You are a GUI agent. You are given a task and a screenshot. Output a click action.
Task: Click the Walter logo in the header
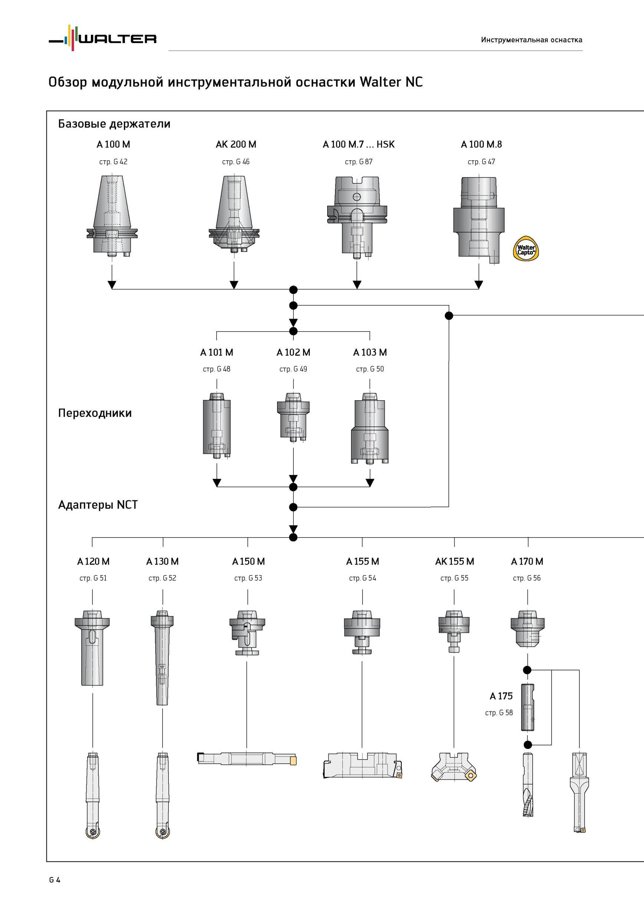102,38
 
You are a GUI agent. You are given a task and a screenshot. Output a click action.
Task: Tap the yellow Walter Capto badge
526,249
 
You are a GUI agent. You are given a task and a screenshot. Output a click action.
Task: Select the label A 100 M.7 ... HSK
359,144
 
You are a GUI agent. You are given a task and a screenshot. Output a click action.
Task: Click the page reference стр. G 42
113,162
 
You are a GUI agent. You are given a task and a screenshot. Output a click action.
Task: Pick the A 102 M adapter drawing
293,417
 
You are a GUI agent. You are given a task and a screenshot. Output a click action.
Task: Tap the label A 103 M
370,352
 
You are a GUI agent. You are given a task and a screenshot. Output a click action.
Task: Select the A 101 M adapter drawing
217,425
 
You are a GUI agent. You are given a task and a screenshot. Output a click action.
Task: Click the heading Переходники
95,414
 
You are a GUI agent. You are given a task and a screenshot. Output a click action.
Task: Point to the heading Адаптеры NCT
98,505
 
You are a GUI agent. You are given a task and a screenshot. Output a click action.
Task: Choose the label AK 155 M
454,561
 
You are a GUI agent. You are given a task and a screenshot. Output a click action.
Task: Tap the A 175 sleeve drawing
528,707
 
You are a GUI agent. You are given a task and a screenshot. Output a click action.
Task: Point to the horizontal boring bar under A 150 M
246,758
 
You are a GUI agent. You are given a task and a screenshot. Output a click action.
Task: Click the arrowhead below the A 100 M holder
112,285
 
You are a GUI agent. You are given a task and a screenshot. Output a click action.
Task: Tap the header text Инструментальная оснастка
531,40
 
